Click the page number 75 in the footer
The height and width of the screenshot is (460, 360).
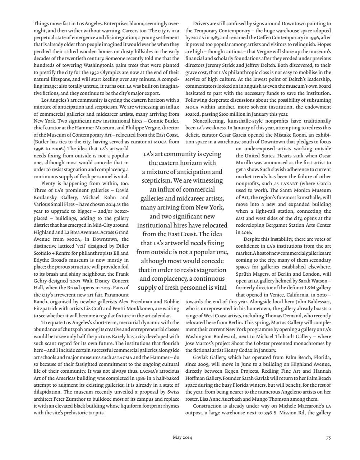328,437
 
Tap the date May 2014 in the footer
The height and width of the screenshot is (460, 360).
182,437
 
